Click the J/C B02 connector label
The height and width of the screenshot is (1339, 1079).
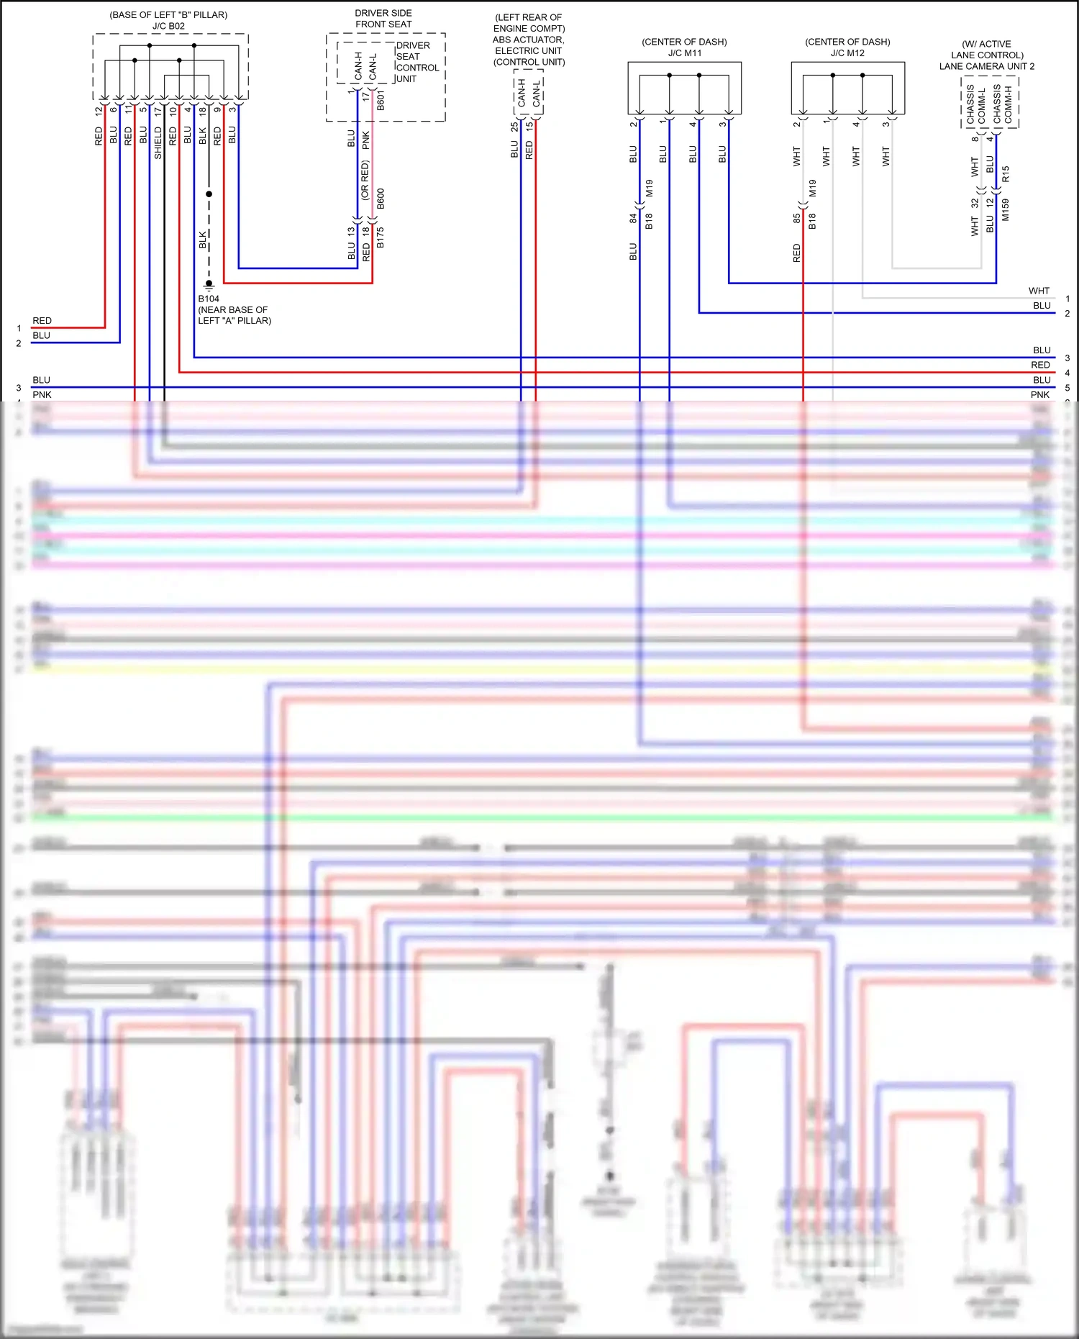coord(168,26)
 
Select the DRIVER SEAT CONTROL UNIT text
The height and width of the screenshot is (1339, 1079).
coord(417,62)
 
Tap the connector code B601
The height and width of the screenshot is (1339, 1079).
coord(381,100)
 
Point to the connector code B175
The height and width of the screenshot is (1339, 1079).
coord(381,237)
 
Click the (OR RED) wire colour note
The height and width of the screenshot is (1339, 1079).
coord(365,180)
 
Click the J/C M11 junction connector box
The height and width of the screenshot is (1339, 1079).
coord(684,88)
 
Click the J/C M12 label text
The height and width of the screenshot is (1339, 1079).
coord(847,53)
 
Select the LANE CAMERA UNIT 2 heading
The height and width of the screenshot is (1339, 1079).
coord(986,66)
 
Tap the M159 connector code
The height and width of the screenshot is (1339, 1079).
coord(1005,209)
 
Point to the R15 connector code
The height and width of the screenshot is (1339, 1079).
coord(1005,173)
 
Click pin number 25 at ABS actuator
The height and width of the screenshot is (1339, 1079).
coord(514,126)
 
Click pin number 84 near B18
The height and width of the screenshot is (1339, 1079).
coord(633,218)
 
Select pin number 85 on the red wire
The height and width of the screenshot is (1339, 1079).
coord(796,218)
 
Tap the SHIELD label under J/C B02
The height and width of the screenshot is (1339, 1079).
coord(158,143)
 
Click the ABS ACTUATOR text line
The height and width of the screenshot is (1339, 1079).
coord(529,40)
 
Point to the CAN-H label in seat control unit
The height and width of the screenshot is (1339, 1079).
coord(358,65)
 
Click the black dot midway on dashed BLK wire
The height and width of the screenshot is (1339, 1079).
coord(209,194)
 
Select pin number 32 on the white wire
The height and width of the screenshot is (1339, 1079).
coord(975,204)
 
